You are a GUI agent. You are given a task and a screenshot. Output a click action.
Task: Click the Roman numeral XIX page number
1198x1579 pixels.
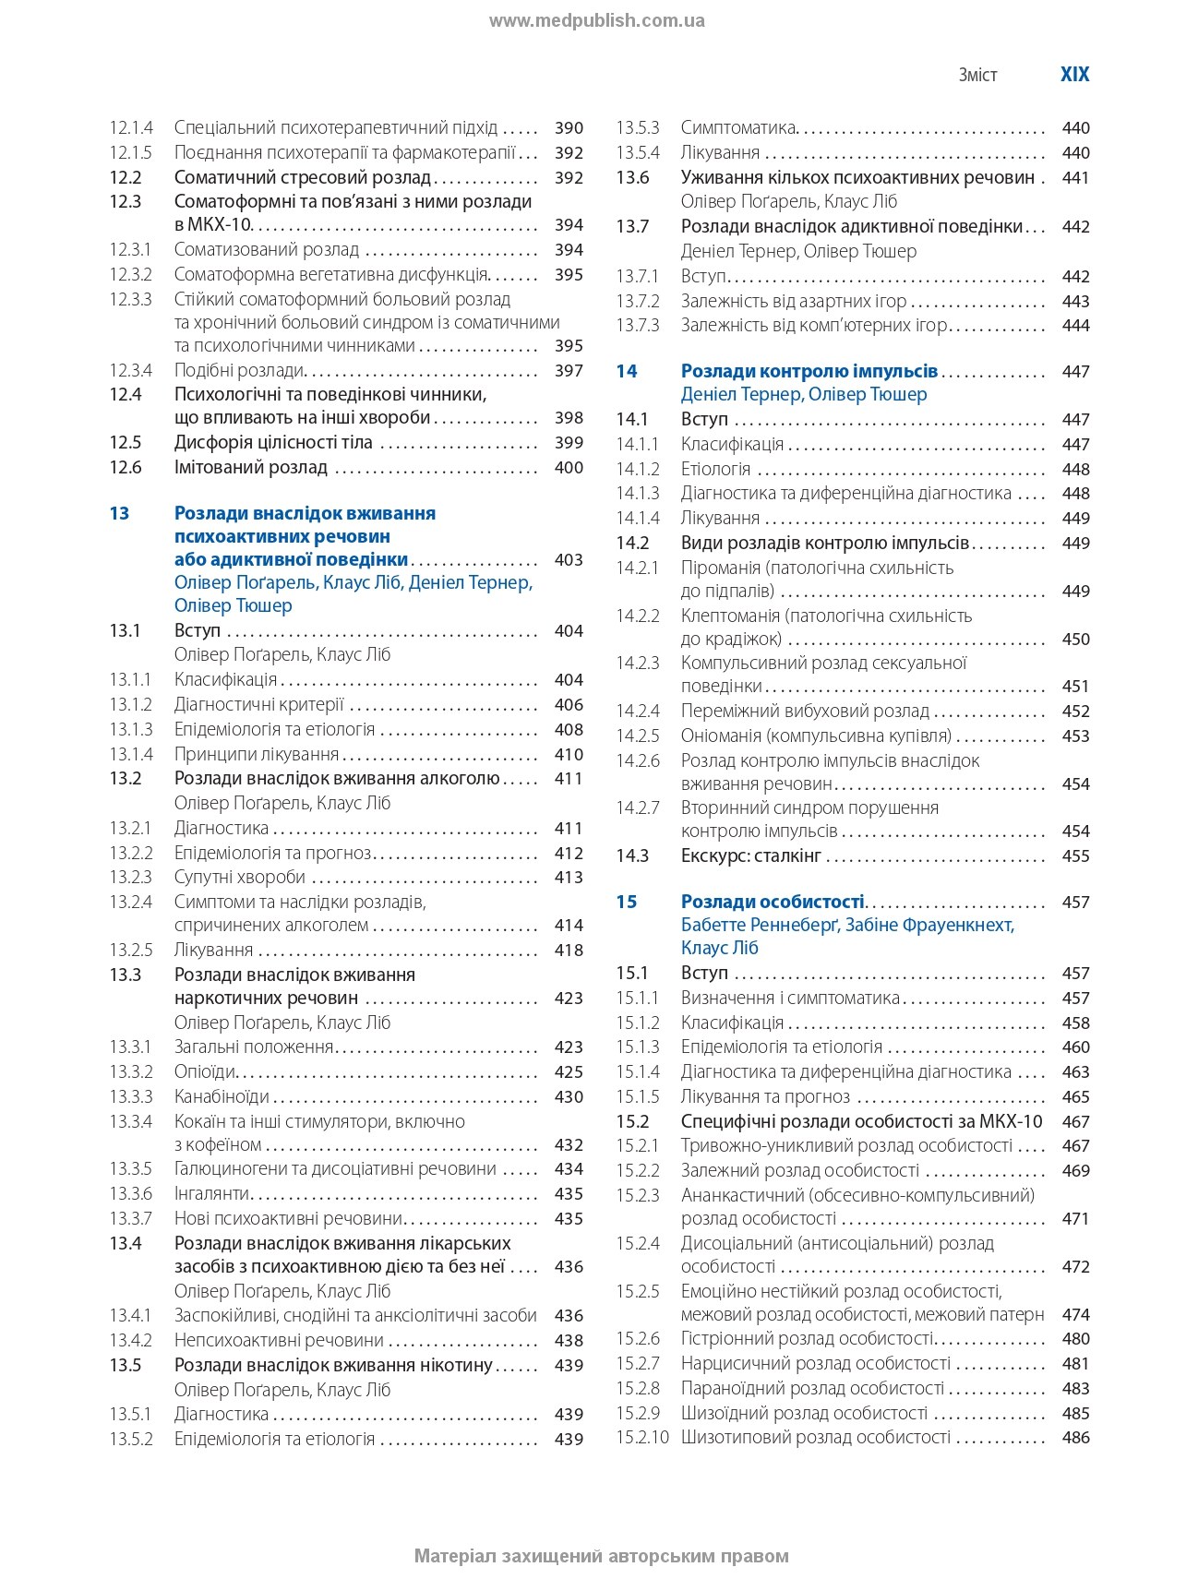point(1074,75)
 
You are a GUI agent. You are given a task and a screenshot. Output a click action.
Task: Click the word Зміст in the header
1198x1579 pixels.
point(977,76)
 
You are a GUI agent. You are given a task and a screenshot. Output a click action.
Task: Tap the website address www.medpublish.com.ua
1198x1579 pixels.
point(597,20)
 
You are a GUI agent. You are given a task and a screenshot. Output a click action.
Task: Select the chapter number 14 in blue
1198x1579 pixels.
point(627,371)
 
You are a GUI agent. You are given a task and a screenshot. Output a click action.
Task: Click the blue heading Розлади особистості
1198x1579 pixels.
point(773,902)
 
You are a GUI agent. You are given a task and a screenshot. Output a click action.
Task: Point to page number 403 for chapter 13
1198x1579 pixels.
point(569,559)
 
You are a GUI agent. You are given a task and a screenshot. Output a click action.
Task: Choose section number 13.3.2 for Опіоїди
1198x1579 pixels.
point(130,1071)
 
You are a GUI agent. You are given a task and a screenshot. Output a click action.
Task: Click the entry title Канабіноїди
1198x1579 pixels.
point(222,1096)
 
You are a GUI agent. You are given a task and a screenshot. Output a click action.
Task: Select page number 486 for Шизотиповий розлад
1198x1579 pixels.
point(1075,1437)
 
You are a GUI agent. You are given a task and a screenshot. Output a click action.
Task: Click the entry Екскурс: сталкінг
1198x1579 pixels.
point(750,855)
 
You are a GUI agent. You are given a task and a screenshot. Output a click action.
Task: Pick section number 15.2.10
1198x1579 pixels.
point(641,1437)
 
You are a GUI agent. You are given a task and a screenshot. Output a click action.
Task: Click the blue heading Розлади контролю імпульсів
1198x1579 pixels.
point(809,371)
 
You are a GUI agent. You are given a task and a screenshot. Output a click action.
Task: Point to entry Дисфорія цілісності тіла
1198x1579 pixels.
point(273,442)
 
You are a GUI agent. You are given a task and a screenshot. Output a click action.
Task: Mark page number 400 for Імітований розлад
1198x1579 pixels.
point(569,467)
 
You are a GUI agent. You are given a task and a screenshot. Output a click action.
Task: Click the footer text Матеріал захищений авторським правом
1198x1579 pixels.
point(601,1556)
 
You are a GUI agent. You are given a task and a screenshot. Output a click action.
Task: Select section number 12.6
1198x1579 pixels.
point(126,467)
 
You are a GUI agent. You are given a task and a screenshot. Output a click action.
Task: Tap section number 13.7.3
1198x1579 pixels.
point(638,325)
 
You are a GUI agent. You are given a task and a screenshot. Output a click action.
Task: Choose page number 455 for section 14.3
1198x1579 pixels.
point(1075,855)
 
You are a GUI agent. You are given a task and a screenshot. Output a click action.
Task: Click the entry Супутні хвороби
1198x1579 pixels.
point(239,877)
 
